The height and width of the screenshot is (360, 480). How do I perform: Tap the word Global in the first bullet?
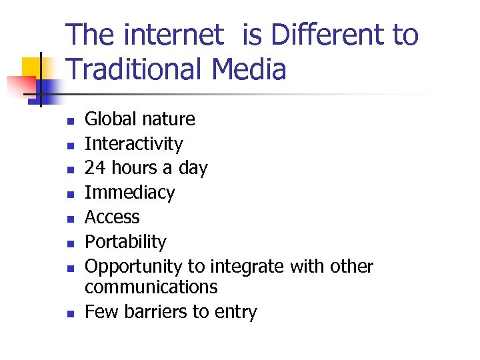point(111,119)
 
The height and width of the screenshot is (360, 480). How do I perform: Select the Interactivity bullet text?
point(133,144)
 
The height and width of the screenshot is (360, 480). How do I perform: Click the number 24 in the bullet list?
point(94,168)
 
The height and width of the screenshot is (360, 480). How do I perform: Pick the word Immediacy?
point(129,193)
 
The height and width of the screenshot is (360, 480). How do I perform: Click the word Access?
point(112,217)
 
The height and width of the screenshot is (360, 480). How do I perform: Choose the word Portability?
point(125,242)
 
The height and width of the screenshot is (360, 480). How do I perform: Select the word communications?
point(151,287)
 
